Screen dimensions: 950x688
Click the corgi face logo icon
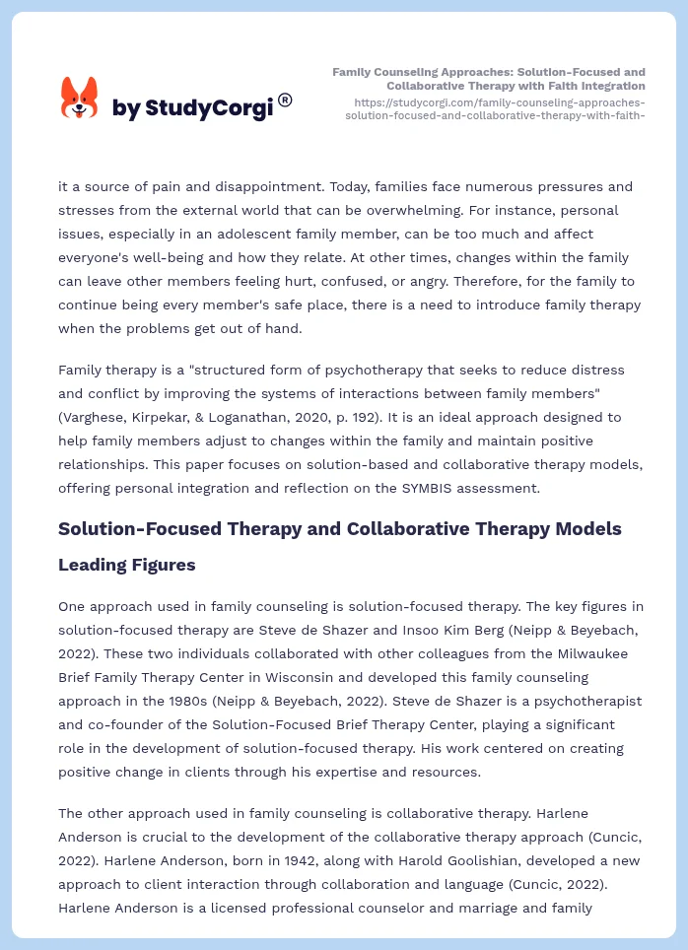80,99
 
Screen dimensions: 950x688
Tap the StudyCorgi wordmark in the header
192,108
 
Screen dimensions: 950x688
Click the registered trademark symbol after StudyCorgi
285,100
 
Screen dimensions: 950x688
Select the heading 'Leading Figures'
127,565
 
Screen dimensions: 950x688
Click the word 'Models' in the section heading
585,529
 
